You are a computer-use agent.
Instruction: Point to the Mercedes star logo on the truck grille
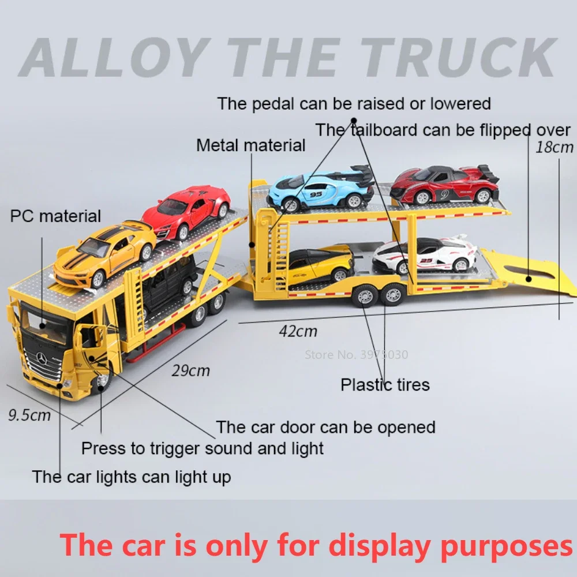[x=41, y=358]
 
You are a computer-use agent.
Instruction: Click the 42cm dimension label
[x=298, y=331]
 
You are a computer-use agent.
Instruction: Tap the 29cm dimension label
[x=190, y=370]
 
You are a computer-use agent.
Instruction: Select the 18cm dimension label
[x=554, y=147]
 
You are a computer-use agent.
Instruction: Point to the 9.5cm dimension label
[x=29, y=415]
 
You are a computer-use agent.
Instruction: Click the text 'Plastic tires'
[x=385, y=385]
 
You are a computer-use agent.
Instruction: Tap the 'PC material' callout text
[x=55, y=216]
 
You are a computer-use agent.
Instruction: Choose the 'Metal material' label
[x=250, y=145]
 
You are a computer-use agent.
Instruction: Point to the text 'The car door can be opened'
[x=325, y=428]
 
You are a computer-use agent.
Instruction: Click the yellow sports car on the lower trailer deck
[x=320, y=265]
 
